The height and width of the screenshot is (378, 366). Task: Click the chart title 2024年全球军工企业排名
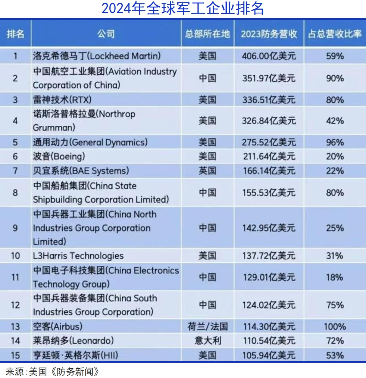click(183, 9)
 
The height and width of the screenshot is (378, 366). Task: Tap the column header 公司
click(106, 34)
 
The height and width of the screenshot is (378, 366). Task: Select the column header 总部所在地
click(207, 34)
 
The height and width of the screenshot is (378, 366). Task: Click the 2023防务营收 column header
click(269, 34)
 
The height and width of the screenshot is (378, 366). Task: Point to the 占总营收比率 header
click(335, 34)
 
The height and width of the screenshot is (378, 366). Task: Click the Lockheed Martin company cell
click(97, 56)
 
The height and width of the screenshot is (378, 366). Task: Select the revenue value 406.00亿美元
click(269, 56)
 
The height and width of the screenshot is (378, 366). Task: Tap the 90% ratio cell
click(335, 78)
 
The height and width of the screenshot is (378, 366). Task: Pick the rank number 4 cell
click(15, 121)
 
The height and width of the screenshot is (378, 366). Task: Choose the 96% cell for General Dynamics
click(335, 142)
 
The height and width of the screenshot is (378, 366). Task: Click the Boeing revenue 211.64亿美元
click(269, 156)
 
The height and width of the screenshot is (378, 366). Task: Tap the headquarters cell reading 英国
click(207, 171)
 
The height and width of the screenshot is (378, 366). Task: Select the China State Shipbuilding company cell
click(101, 193)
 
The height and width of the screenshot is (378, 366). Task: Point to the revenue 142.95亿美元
click(269, 228)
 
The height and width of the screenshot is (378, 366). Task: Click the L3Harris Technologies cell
click(78, 256)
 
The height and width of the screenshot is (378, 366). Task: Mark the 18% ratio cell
click(335, 277)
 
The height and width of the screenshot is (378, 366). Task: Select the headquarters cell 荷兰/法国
click(207, 327)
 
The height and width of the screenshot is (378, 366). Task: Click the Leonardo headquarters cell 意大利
click(207, 340)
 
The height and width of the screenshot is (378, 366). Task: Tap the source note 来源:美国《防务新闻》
click(53, 371)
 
